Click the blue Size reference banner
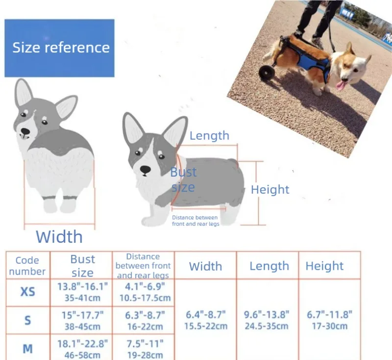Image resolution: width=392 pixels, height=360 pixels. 59,48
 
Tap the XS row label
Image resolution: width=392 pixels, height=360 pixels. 28,292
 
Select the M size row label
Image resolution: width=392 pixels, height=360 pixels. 28,349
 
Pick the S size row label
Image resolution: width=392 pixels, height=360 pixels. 28,320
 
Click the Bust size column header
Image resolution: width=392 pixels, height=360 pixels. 82,266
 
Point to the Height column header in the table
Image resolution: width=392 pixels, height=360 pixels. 324,266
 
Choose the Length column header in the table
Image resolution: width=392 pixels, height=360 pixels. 269,266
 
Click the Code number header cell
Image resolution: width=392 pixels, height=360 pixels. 27,266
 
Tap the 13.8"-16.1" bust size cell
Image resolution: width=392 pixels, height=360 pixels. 82,292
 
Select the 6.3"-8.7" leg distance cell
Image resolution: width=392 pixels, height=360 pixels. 145,321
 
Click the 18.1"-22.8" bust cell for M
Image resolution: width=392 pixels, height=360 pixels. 82,349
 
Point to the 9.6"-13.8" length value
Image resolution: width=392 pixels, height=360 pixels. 267,320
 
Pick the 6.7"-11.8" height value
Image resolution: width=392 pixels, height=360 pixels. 329,320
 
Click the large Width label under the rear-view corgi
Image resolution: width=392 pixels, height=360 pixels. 59,237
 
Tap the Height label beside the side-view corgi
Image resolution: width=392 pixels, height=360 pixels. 270,189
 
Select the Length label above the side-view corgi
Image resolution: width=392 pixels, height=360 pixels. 209,135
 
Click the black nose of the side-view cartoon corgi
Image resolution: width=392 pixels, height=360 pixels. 145,170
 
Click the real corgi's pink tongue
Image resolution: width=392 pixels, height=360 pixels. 341,85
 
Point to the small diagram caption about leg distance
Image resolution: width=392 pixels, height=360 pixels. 196,221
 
